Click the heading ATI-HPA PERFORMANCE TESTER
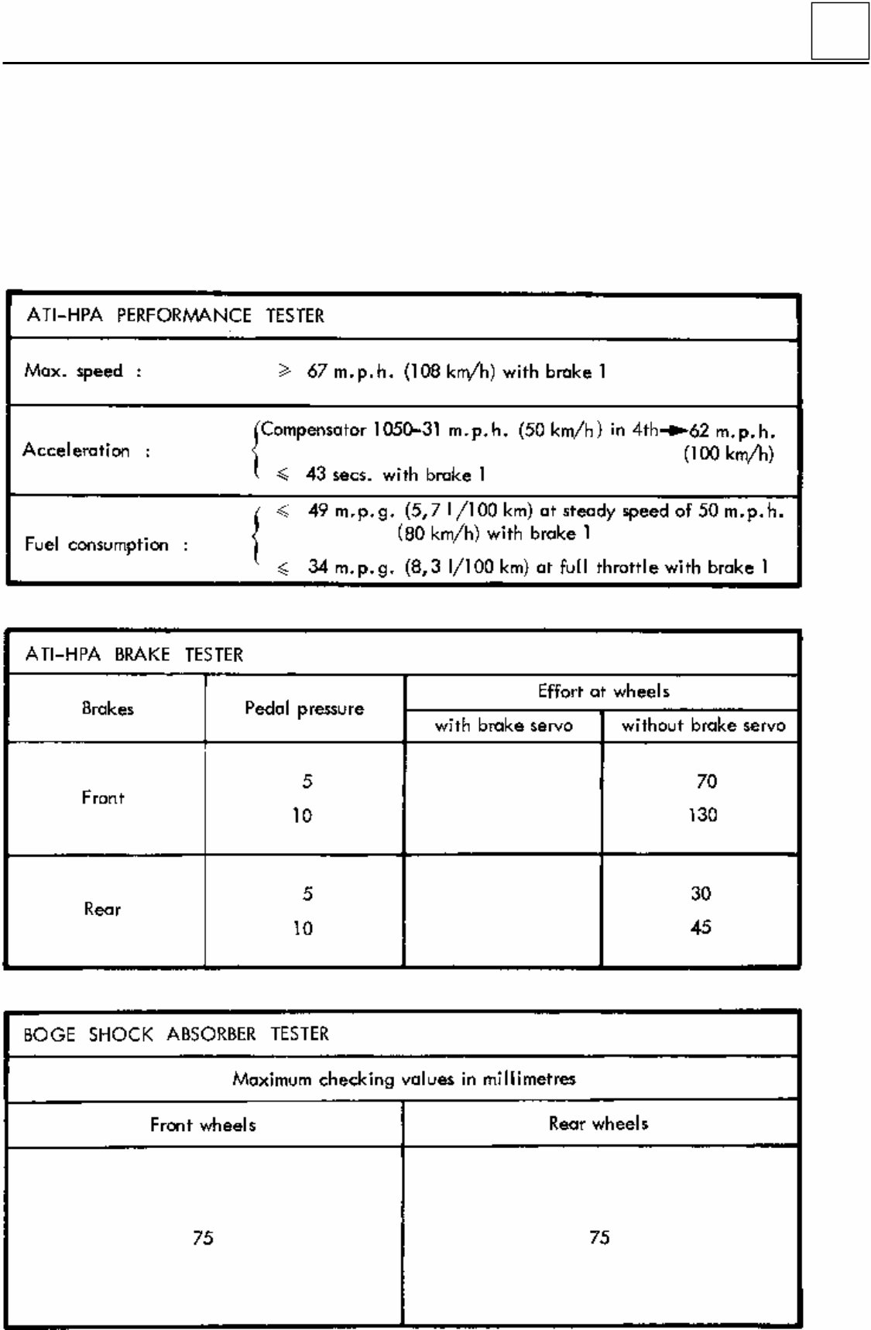click(x=175, y=316)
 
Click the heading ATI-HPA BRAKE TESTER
click(x=134, y=655)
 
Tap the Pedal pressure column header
click(x=304, y=708)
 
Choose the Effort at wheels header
click(x=603, y=691)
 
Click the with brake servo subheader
click(x=503, y=725)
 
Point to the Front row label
click(x=103, y=798)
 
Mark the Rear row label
click(x=103, y=910)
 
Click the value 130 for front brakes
click(x=703, y=815)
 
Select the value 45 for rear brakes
click(x=701, y=927)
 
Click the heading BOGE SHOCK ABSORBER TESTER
click(x=176, y=1034)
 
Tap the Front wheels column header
click(x=203, y=1125)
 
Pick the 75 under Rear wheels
click(x=599, y=1238)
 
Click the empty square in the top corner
click(x=840, y=31)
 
